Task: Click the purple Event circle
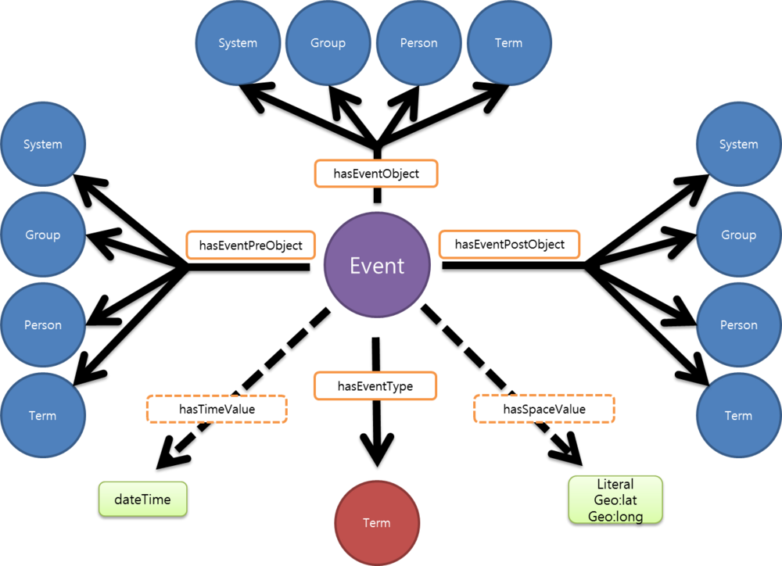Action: coord(377,265)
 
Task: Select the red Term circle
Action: coord(376,522)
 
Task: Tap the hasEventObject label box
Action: coord(376,174)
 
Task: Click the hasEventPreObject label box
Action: coord(250,245)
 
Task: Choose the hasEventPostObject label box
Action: coord(509,244)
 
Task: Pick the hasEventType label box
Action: coord(375,385)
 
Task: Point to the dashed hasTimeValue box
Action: coord(217,409)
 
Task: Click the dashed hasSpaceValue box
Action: coord(544,409)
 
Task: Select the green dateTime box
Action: coord(142,499)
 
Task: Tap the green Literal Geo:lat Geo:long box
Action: coord(615,500)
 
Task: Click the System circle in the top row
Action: coord(238,42)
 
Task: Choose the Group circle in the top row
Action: coord(328,42)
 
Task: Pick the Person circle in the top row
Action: coord(418,42)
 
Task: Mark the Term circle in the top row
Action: coord(508,42)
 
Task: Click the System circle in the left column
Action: coord(42,145)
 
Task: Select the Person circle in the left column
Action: coord(42,325)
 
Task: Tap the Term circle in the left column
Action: coord(42,415)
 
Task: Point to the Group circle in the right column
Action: coord(738,235)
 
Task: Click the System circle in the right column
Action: coord(738,145)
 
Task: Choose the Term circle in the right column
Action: coord(738,415)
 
